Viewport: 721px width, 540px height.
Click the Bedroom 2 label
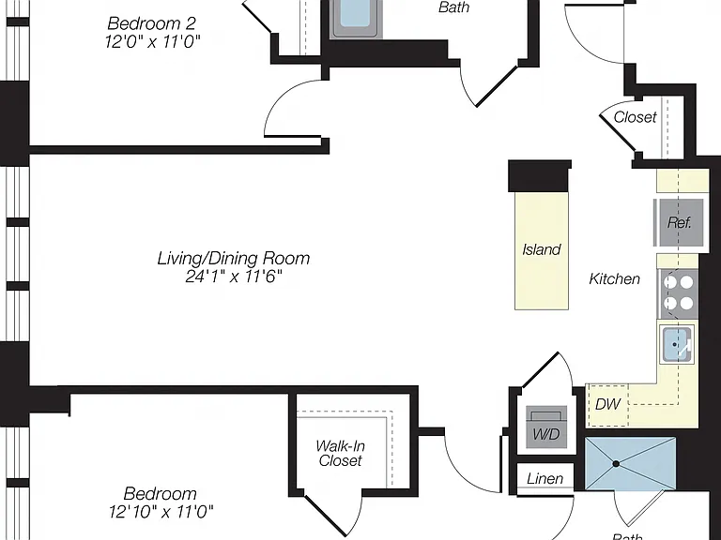coord(152,22)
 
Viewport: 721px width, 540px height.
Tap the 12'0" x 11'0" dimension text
coord(153,42)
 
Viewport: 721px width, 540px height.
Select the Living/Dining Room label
coord(234,258)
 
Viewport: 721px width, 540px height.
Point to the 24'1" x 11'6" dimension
coord(234,277)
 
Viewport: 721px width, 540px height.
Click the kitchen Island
coord(541,250)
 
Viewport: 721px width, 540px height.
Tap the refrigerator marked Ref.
coord(679,223)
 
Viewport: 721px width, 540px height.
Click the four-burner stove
coord(678,292)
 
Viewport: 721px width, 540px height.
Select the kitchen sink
coord(676,344)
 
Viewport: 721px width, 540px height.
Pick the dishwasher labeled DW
coord(608,404)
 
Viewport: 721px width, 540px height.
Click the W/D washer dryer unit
coord(546,427)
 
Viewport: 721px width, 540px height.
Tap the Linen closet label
coord(545,479)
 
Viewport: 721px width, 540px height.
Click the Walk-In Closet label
coord(340,453)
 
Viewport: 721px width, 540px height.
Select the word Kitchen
coord(614,278)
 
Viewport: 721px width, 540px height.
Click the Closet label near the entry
coord(635,117)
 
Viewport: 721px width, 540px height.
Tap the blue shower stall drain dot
coord(616,464)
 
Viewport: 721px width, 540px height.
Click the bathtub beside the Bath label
coord(357,19)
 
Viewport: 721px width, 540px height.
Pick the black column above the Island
coord(540,176)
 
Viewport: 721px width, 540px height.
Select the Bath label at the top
coord(453,7)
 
